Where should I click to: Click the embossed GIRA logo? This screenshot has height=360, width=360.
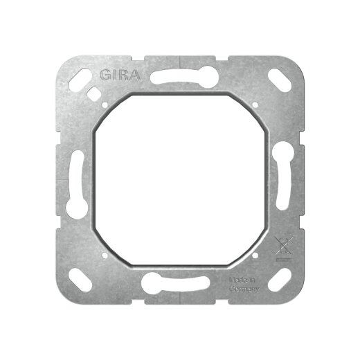[x=120, y=75]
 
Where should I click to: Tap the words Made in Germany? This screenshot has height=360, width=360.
[x=244, y=285]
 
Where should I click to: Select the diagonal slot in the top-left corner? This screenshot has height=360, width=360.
[x=80, y=80]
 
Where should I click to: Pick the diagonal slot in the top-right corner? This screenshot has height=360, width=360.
[x=280, y=80]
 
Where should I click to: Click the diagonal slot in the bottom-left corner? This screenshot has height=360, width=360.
[x=80, y=280]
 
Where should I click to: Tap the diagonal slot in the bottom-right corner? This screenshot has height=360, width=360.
[x=280, y=280]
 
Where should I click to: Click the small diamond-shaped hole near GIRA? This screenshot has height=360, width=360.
[x=94, y=93]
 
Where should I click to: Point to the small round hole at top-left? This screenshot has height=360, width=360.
[x=105, y=105]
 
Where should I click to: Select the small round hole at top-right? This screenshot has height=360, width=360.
[x=255, y=105]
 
